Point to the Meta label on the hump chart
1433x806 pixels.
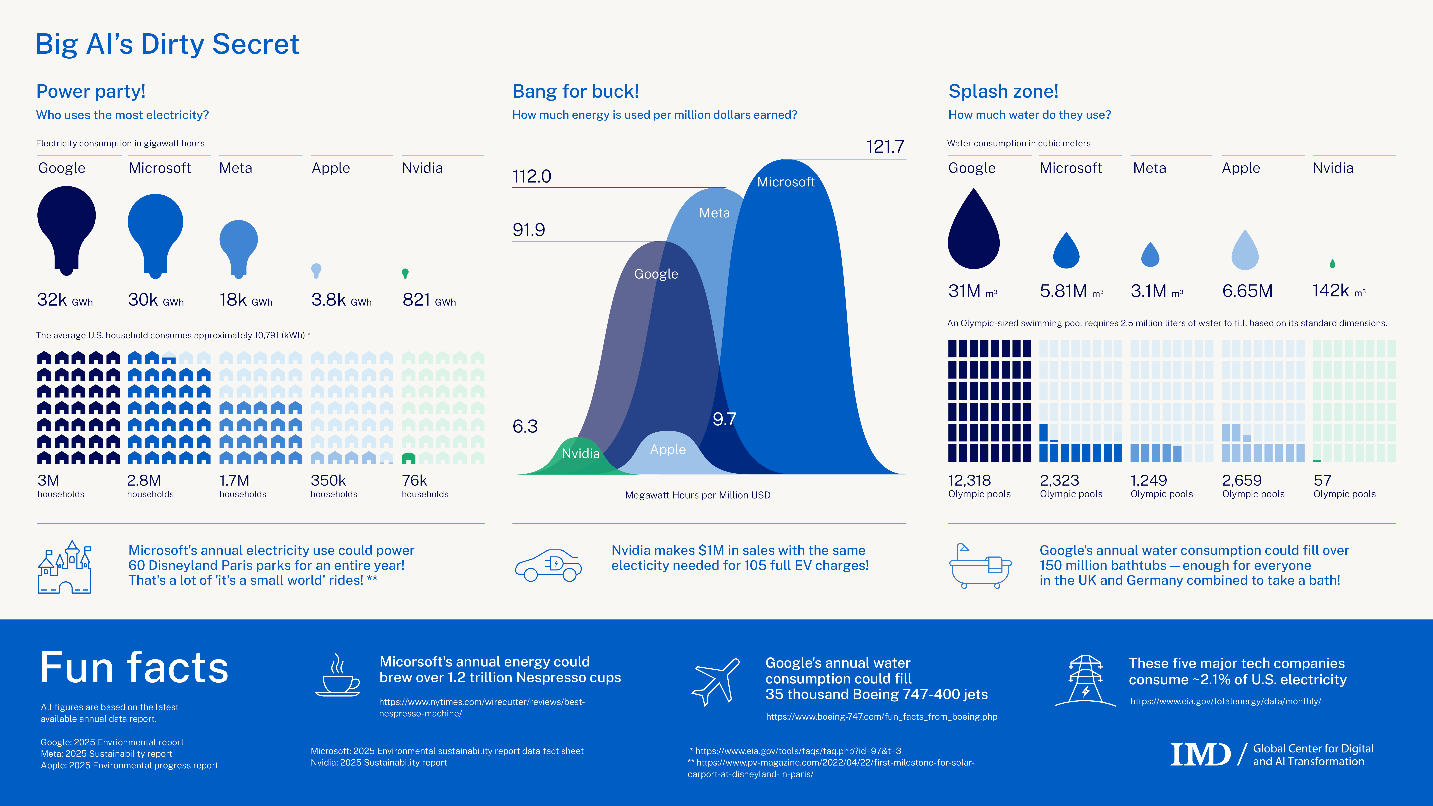714,213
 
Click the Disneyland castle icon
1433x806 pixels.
64,567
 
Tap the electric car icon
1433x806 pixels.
548,566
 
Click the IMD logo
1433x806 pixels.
1200,755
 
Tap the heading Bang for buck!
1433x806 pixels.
575,91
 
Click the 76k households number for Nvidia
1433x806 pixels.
414,480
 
